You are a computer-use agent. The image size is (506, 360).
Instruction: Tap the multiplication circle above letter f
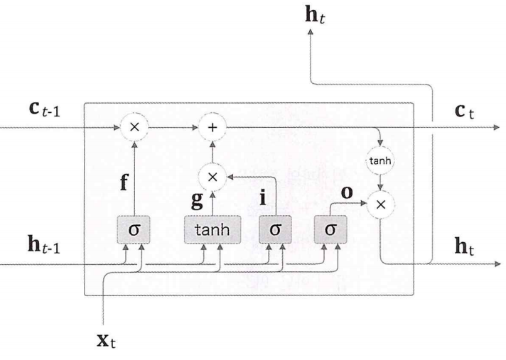point(134,129)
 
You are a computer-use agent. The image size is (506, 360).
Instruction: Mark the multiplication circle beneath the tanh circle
point(382,204)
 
